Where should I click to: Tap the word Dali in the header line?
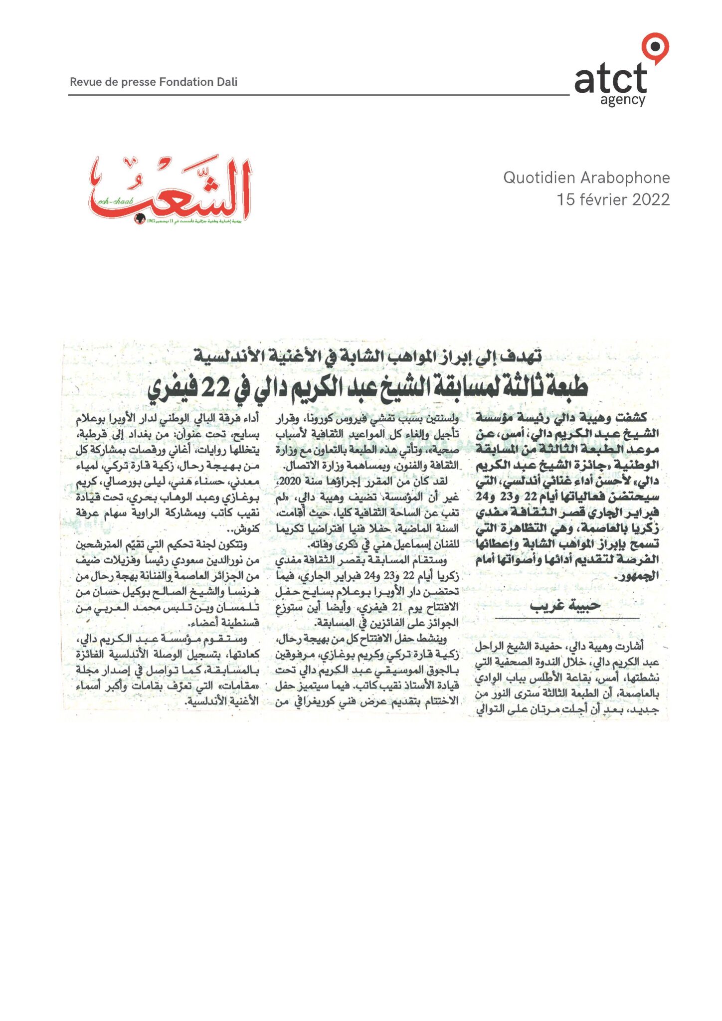227,82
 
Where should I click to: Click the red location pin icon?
655,48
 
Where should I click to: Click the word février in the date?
602,199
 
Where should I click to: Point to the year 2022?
651,199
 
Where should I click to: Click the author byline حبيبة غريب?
565,606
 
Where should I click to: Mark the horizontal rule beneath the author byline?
567,619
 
